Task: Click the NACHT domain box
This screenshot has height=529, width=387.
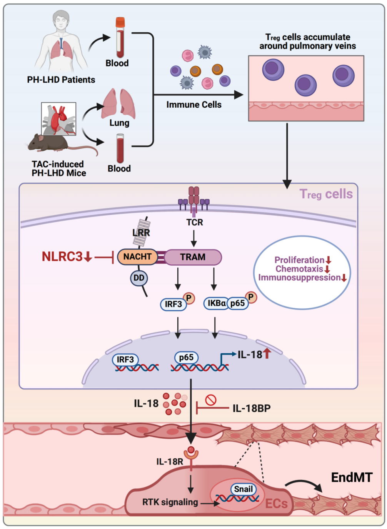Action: (x=137, y=257)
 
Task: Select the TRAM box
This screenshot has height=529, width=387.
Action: (x=193, y=257)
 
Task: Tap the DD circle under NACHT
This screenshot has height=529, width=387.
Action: (x=139, y=278)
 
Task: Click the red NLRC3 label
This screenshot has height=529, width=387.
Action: (x=62, y=256)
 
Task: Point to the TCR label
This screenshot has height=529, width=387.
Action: (x=195, y=222)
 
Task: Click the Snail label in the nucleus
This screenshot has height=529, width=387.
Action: (x=244, y=489)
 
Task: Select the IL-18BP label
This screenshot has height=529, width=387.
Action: (x=252, y=408)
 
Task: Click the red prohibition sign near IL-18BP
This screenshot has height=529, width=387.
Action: (x=211, y=400)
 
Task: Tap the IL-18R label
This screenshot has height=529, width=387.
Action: (x=170, y=461)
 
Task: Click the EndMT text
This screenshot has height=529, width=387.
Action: (x=352, y=477)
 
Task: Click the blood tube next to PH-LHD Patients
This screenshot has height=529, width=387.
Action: (x=120, y=37)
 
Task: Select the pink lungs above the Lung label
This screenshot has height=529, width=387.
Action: (x=118, y=104)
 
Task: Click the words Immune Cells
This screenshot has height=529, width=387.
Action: (x=194, y=105)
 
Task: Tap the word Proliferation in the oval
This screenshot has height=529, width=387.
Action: (x=299, y=260)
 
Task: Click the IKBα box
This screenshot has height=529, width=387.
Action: (x=216, y=303)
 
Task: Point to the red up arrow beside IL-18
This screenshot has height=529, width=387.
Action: (x=267, y=354)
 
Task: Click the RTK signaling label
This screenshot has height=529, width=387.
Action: (x=170, y=502)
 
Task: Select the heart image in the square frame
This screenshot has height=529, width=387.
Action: (x=59, y=119)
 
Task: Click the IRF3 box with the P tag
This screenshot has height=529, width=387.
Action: (x=173, y=304)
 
